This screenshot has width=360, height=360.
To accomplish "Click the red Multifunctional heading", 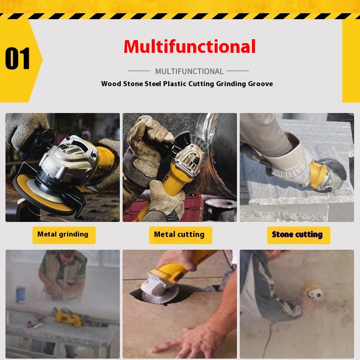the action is tap(190, 46).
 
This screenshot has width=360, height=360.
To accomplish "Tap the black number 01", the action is tap(17, 58).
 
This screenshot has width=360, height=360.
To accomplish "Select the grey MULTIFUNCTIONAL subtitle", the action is tap(189, 72).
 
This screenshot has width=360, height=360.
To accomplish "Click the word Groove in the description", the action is tap(260, 84).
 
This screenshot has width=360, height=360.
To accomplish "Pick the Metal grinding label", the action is tap(63, 234).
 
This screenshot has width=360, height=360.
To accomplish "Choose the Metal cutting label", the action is tap(179, 235).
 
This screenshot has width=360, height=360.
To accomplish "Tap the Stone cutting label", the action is tap(297, 235).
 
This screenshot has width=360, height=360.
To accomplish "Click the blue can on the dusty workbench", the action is tap(21, 294).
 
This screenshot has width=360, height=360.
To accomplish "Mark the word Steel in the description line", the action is tap(153, 84).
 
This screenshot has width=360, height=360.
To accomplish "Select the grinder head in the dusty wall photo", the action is tap(314, 293).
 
